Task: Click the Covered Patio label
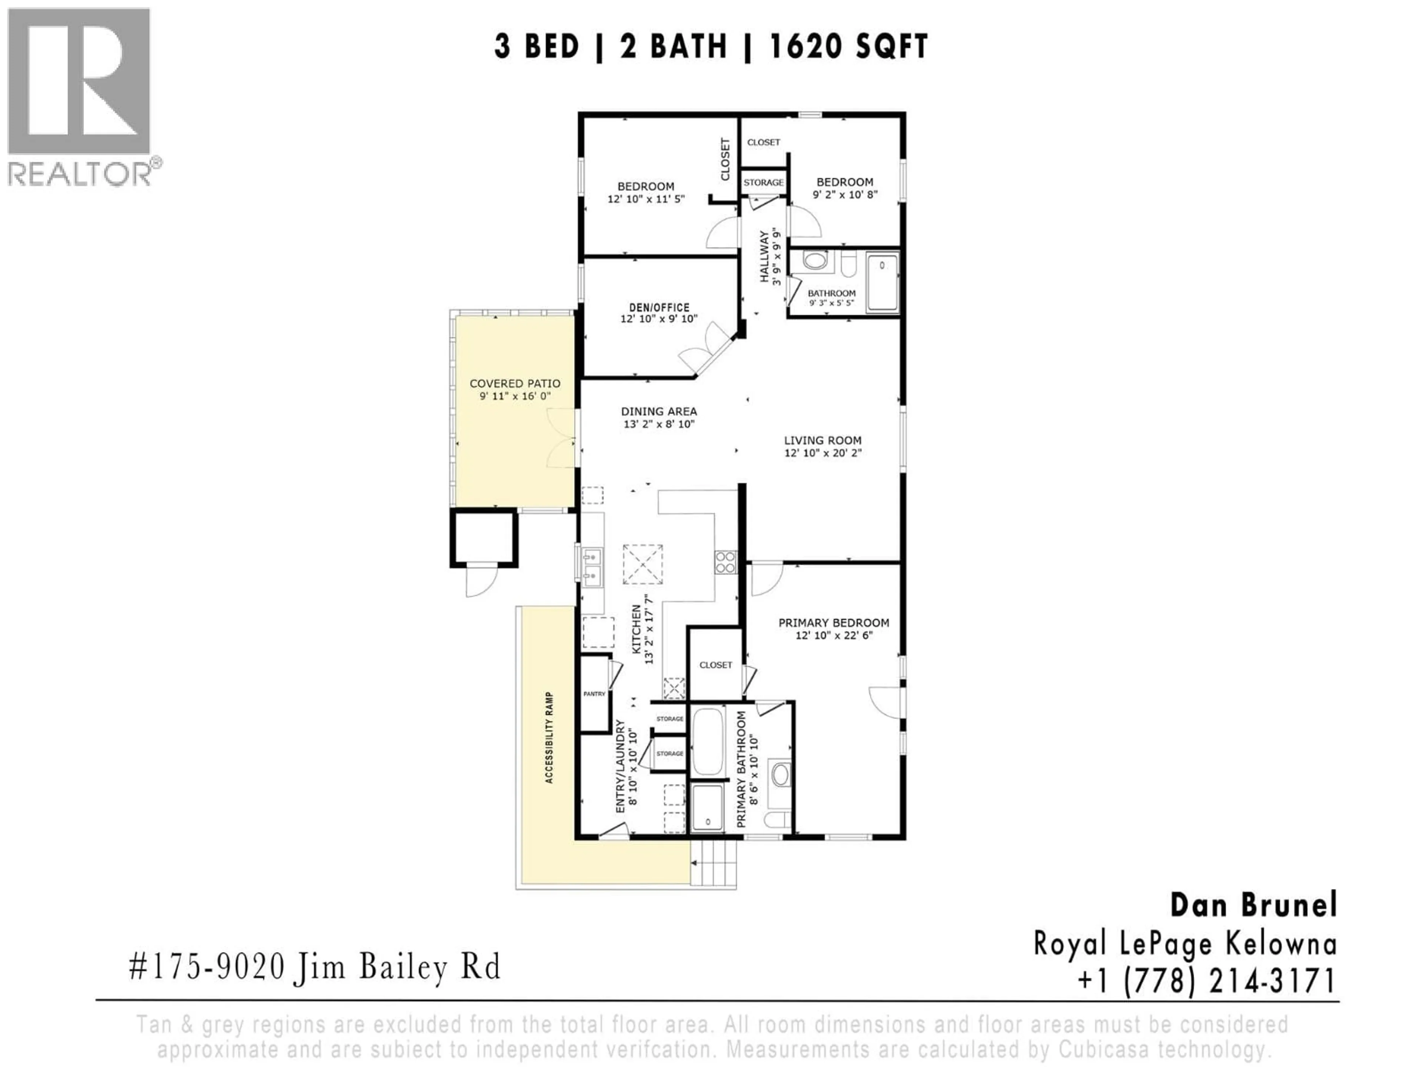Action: pyautogui.click(x=515, y=384)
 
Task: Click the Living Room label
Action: pyautogui.click(x=822, y=441)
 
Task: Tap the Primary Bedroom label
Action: pyautogui.click(x=834, y=622)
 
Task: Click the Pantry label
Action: pyautogui.click(x=594, y=694)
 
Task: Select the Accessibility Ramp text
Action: pyautogui.click(x=549, y=738)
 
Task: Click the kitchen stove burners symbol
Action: pyautogui.click(x=726, y=562)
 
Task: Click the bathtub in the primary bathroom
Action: pyautogui.click(x=708, y=742)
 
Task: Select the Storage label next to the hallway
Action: pyautogui.click(x=763, y=183)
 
